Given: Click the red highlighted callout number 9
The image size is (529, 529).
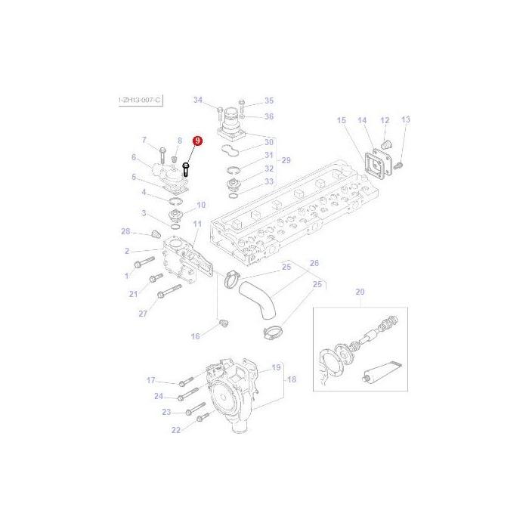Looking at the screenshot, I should (x=198, y=141).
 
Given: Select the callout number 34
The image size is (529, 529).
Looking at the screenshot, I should (x=198, y=101).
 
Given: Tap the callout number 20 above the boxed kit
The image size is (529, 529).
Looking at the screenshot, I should (x=360, y=292).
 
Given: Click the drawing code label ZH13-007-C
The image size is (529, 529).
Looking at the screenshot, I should (x=140, y=100).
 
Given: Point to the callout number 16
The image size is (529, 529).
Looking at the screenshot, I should (x=195, y=336).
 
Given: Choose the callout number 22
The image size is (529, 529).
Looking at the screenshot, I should (x=175, y=430).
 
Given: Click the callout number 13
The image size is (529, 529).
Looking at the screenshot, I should (x=406, y=120).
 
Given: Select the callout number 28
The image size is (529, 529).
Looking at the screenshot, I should (x=125, y=231).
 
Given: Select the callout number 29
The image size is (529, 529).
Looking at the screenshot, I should (x=286, y=160).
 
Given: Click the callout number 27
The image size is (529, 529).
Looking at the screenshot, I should (x=142, y=312).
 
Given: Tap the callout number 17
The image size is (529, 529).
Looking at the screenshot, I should (x=150, y=380).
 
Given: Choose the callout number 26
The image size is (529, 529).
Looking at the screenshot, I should (x=314, y=263).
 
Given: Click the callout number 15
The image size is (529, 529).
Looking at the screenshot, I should (x=341, y=120).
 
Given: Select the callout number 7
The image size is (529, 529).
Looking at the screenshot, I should (x=144, y=140).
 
